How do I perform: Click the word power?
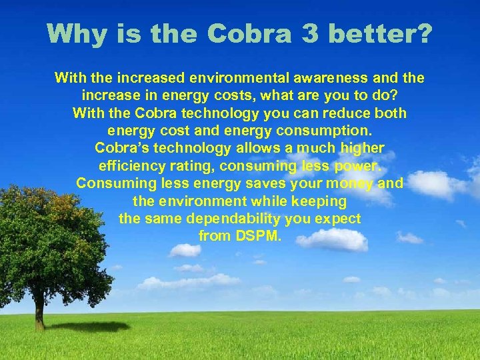click(x=359, y=165)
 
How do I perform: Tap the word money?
click(x=351, y=183)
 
